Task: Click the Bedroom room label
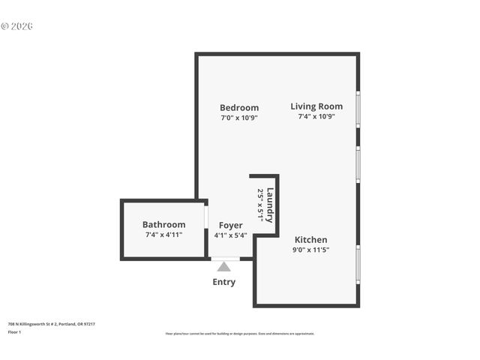pyautogui.click(x=239, y=108)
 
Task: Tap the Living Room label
pyautogui.click(x=316, y=106)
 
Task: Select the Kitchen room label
pyautogui.click(x=310, y=240)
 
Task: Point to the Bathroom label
pyautogui.click(x=163, y=225)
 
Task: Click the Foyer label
pyautogui.click(x=230, y=225)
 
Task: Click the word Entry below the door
pyautogui.click(x=223, y=282)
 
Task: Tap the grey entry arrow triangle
pyautogui.click(x=223, y=266)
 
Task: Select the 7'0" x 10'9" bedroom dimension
pyautogui.click(x=239, y=118)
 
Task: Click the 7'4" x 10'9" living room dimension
pyautogui.click(x=316, y=116)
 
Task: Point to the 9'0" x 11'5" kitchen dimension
pyautogui.click(x=310, y=250)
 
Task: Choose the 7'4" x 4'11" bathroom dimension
pyautogui.click(x=163, y=235)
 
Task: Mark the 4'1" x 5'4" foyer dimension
pyautogui.click(x=230, y=235)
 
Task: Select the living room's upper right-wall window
pyautogui.click(x=358, y=109)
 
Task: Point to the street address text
pyautogui.click(x=51, y=324)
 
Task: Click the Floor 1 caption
pyautogui.click(x=14, y=331)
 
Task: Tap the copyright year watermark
pyautogui.click(x=16, y=26)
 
